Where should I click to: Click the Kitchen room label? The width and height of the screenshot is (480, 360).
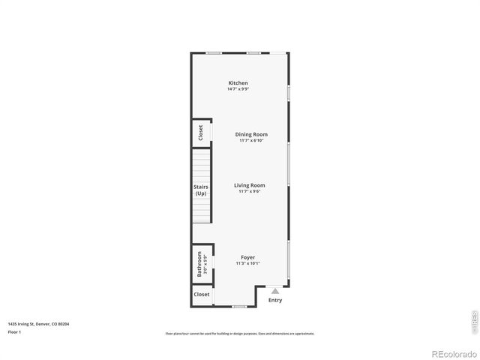238,82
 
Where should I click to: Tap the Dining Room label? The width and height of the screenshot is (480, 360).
251,134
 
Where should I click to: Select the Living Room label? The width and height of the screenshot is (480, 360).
249,184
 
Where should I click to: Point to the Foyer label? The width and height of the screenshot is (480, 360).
247,257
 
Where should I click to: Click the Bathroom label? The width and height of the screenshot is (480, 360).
199,265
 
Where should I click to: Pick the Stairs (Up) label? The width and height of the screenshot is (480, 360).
201,190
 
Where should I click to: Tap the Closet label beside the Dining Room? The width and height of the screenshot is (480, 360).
201,133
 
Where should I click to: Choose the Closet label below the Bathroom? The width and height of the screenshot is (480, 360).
202,295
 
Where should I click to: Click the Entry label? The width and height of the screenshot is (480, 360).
275,300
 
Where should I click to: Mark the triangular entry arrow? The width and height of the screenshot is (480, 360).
275,291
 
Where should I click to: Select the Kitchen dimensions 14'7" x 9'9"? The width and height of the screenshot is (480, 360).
238,89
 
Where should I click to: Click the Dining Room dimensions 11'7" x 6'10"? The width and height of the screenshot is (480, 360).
251,140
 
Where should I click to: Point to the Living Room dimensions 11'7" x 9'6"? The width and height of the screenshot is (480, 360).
249,191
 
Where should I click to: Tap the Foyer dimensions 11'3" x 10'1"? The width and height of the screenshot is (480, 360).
247,263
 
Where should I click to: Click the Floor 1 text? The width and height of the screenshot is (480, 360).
14,331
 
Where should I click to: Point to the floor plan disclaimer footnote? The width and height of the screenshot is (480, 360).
239,334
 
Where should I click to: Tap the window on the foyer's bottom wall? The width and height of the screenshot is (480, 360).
239,306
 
